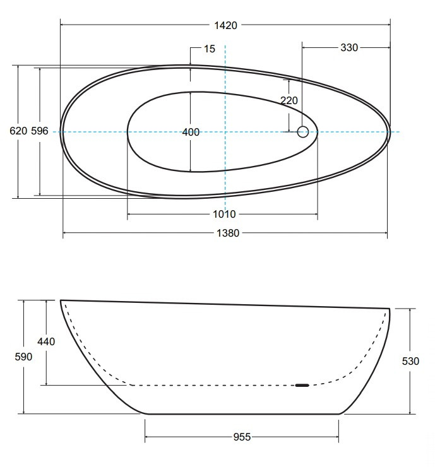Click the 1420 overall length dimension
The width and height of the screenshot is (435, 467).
(x=225, y=26)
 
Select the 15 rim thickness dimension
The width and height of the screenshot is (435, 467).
(x=210, y=49)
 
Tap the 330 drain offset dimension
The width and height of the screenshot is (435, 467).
(x=349, y=48)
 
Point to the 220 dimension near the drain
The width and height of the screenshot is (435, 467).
(x=289, y=100)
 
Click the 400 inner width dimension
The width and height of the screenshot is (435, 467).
(x=191, y=132)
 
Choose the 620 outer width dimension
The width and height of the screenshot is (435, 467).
(x=18, y=131)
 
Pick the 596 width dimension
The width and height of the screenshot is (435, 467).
(x=40, y=131)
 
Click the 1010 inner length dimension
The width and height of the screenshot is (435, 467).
(x=224, y=214)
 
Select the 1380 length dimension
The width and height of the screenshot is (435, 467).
(x=228, y=233)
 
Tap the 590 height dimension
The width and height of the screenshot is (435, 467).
(x=23, y=357)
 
